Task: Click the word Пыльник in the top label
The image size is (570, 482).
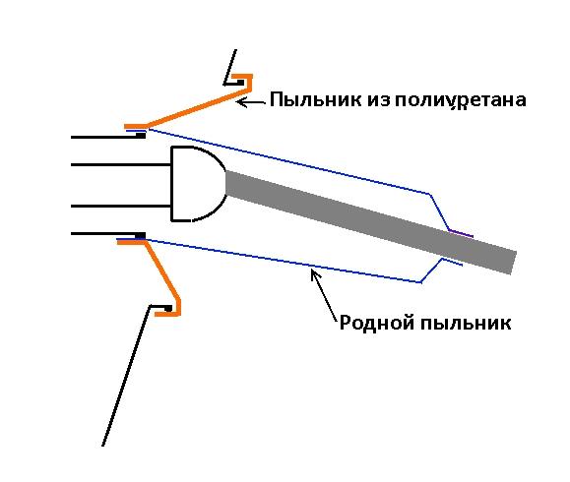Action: (x=316, y=99)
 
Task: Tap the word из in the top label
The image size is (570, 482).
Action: (x=378, y=100)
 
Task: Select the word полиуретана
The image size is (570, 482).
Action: (x=460, y=101)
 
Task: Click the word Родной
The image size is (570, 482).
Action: (x=378, y=323)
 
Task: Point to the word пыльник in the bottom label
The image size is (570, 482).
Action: (x=466, y=323)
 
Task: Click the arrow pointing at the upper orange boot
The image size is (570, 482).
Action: (x=251, y=102)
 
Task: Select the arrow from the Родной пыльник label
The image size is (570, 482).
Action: (x=323, y=294)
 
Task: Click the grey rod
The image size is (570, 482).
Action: (x=371, y=222)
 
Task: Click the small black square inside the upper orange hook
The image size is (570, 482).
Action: (x=240, y=83)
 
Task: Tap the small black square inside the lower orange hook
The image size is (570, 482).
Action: (x=168, y=309)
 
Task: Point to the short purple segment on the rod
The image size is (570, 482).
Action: (x=461, y=233)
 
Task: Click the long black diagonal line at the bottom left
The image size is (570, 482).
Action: (x=126, y=375)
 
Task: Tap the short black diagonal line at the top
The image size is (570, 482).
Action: (x=230, y=67)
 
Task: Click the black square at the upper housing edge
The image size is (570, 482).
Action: (x=141, y=136)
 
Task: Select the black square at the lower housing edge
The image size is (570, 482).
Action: (x=141, y=236)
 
